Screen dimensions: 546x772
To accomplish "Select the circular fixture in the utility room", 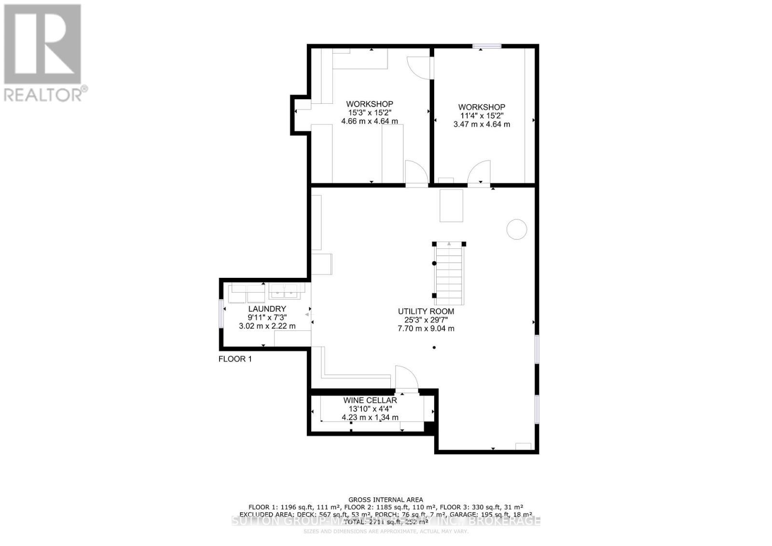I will (x=516, y=229).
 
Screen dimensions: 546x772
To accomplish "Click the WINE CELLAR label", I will (x=370, y=400).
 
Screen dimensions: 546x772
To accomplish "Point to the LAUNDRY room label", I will (x=267, y=309).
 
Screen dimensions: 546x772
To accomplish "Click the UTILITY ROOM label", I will (x=426, y=312).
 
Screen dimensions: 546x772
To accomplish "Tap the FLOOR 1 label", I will (x=235, y=359).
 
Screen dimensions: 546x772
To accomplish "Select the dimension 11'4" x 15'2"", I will (x=482, y=116).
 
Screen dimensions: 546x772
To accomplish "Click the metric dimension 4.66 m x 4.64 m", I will (x=370, y=121).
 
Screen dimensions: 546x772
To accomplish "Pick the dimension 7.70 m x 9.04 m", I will (x=426, y=329).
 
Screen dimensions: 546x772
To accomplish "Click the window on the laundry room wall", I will (x=221, y=314).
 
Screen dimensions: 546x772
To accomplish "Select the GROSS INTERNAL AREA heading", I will (x=386, y=500).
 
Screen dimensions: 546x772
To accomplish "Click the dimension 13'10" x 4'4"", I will (x=370, y=409).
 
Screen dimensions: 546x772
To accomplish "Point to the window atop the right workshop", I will (x=487, y=46).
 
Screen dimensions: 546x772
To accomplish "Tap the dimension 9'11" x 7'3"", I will (x=267, y=317).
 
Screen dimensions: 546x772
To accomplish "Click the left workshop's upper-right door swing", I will (x=419, y=68).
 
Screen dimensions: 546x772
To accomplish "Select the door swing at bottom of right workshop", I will (x=479, y=172).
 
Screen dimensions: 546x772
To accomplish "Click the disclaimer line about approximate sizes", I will (x=386, y=532).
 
